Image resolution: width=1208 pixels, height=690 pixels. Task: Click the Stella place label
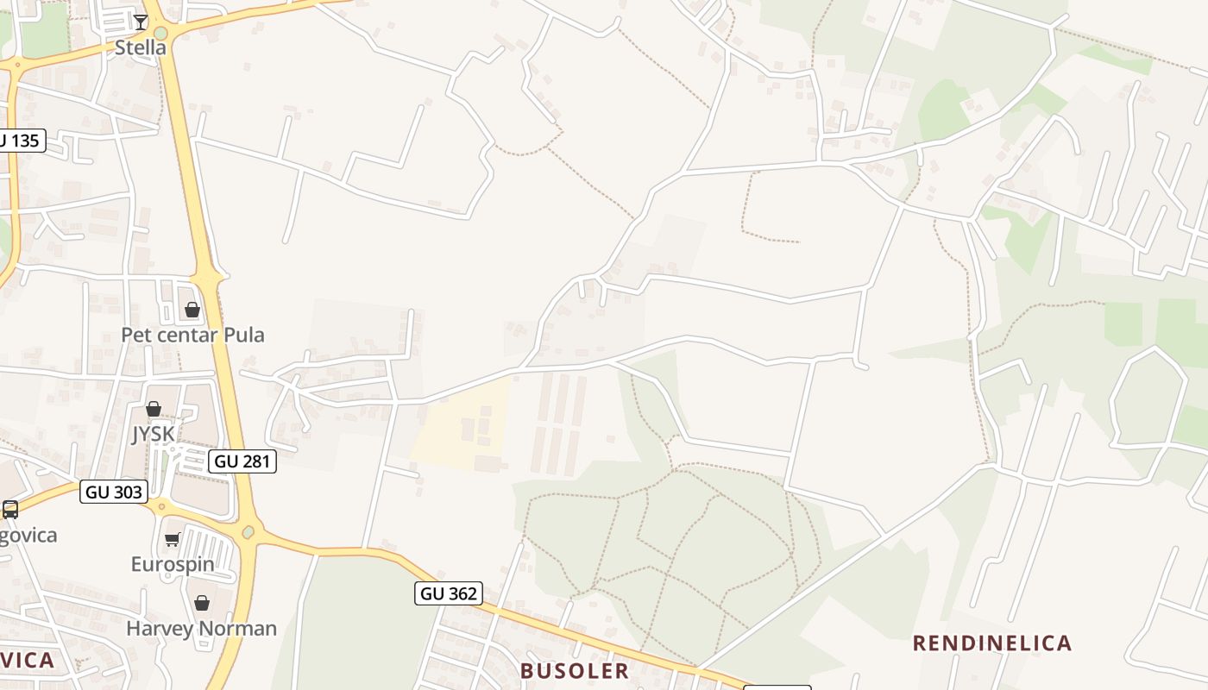[x=140, y=47]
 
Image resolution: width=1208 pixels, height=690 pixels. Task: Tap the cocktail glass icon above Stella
[x=141, y=21]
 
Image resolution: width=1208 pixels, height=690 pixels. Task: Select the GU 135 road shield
[x=20, y=141]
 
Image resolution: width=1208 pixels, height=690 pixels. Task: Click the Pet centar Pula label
[x=192, y=335]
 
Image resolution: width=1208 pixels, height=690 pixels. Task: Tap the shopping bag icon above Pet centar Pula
[x=192, y=309]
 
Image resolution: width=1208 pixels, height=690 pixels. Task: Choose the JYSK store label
[x=154, y=434]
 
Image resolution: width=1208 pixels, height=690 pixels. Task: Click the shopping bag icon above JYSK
[x=154, y=408]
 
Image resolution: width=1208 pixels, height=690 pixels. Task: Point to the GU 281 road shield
[x=242, y=461]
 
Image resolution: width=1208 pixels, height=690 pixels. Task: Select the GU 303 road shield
[x=114, y=492]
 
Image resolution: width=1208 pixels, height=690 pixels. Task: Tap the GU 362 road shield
[x=448, y=593]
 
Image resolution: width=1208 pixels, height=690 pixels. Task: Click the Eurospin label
[x=172, y=564]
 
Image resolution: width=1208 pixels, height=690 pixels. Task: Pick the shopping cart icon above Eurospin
[x=172, y=540]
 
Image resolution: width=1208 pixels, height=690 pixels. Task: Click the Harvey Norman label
[x=201, y=628]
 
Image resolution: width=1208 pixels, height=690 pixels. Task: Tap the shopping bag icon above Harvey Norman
[x=201, y=603]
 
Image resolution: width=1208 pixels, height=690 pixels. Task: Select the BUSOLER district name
[x=574, y=671]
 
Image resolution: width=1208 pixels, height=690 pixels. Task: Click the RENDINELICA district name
[x=992, y=643]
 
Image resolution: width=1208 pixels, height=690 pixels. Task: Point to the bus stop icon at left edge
[x=10, y=509]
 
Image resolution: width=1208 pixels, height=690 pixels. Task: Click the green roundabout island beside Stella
[x=160, y=33]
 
